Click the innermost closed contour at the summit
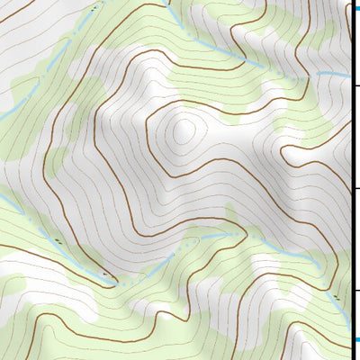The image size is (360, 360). pos(183,131)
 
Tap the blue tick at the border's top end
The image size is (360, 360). pos(355,7)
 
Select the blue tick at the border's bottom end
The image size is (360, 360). pos(355,339)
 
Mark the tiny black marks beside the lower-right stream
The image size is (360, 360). pos(335,294)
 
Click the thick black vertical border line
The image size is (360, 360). pos(351,180)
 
